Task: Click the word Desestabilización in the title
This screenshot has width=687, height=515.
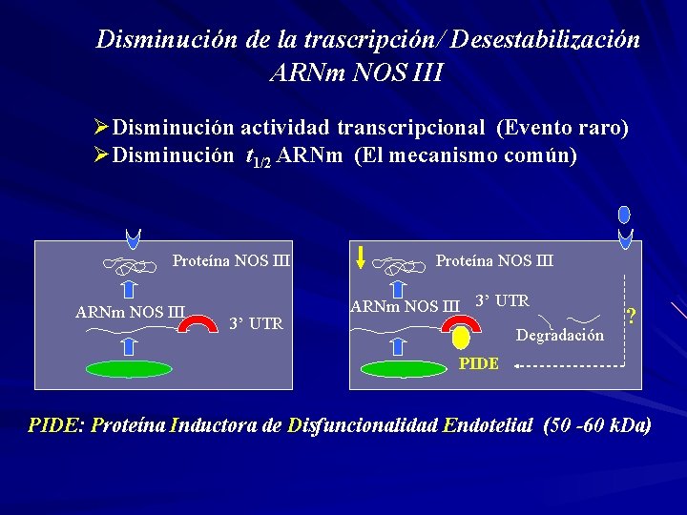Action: pyautogui.click(x=546, y=41)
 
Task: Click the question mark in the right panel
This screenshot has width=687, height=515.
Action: pyautogui.click(x=631, y=316)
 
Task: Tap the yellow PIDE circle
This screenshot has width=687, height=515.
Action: pyautogui.click(x=462, y=338)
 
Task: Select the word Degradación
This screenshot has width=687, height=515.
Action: pyautogui.click(x=560, y=335)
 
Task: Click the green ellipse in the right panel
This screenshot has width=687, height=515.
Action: pyautogui.click(x=406, y=368)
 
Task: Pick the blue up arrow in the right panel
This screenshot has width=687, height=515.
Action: pyautogui.click(x=400, y=291)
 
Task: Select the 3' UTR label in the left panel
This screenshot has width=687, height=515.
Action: pyautogui.click(x=256, y=323)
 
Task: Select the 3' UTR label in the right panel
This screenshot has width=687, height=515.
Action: pyautogui.click(x=502, y=301)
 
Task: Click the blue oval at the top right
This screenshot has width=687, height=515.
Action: pyautogui.click(x=625, y=214)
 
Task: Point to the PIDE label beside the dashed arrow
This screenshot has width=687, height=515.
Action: pyautogui.click(x=478, y=364)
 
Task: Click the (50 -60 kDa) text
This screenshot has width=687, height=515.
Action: pyautogui.click(x=596, y=425)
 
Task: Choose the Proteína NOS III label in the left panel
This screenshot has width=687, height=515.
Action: pyautogui.click(x=231, y=260)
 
